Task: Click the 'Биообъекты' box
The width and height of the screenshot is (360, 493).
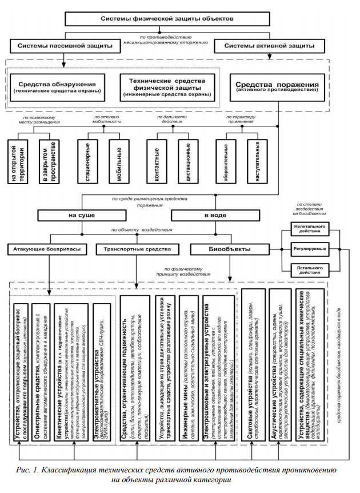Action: (227, 249)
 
